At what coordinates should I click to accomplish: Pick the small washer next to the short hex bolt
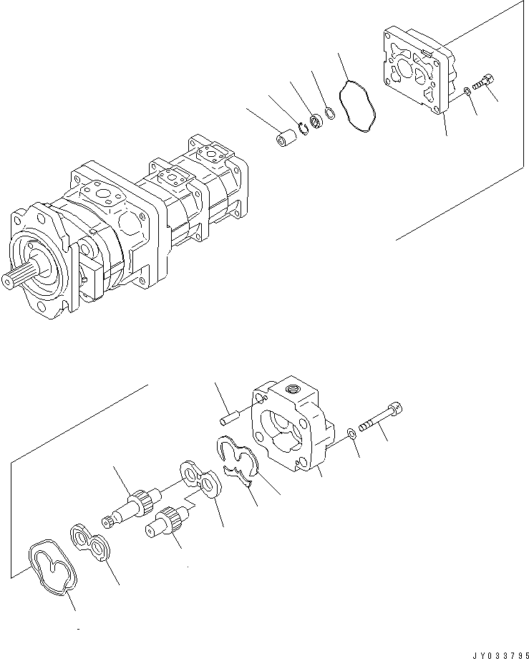pos(466,90)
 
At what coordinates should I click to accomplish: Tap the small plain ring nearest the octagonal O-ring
pos(330,112)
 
